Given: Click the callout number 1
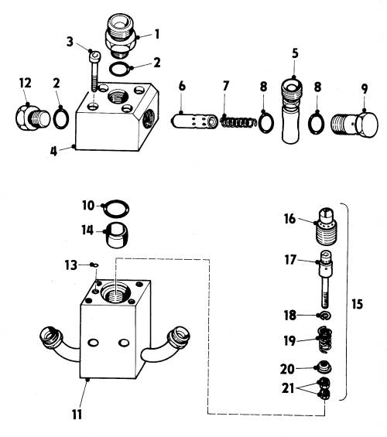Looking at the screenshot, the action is coord(157,34).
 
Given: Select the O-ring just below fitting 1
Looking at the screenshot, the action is coord(118,69).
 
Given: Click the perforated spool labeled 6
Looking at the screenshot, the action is coord(194,121).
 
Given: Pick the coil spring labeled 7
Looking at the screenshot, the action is coord(239,122).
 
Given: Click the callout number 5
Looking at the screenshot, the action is coord(295,53).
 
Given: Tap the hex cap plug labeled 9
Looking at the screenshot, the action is coord(354,125).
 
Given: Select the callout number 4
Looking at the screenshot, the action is coord(53,152).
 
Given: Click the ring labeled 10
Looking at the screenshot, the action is coord(116,208).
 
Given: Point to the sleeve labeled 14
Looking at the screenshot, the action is coord(118,235).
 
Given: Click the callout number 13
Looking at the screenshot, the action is coord(70,265).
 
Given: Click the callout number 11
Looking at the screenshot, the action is coord(77,415).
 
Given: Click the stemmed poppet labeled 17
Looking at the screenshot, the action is coord(324,278).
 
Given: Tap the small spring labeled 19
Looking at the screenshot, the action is coord(325,340).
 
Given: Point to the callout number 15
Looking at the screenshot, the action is coord(357,304).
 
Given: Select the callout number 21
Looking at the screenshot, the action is coord(288,388).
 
